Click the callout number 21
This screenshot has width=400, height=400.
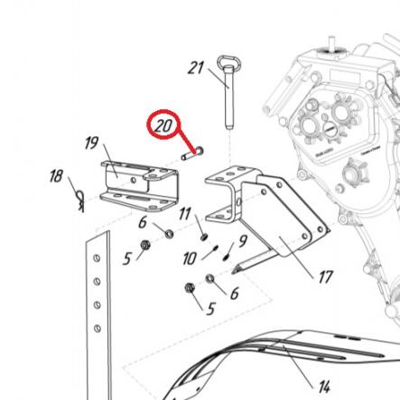196,68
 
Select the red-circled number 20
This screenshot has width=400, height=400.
163,126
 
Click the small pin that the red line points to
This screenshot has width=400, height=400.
192,153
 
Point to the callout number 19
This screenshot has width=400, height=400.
91,143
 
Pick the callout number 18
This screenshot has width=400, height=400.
56,176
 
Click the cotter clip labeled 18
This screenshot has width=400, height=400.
79,201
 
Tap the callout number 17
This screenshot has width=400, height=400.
325,277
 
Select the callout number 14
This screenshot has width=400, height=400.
324,386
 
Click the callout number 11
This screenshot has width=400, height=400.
185,214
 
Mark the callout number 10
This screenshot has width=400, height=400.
190,258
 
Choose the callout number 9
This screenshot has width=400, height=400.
243,240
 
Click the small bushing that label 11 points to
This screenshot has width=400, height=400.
204,237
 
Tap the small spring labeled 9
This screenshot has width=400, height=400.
226,257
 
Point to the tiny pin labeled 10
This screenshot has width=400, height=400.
215,248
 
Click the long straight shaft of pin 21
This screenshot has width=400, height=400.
228,98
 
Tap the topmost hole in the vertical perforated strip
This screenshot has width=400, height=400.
97,258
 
